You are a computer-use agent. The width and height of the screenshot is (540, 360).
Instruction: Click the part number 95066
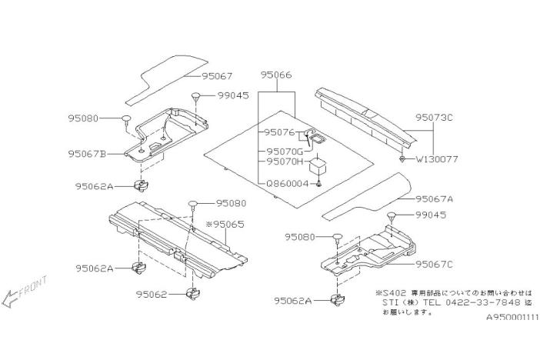(x=275, y=76)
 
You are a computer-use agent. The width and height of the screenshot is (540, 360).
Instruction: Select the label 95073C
(x=435, y=118)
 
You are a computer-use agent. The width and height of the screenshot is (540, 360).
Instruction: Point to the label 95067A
(x=435, y=198)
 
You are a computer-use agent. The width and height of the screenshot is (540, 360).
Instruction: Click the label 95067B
(x=87, y=153)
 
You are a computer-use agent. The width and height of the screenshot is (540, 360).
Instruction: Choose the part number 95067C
(x=435, y=264)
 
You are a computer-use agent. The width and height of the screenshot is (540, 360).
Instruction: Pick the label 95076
(x=282, y=132)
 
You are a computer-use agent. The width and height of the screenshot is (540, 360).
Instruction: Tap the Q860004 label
(x=286, y=183)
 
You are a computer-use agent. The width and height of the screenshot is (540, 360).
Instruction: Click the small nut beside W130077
(x=402, y=159)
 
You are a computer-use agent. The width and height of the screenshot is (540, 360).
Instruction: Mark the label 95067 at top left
(x=218, y=75)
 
